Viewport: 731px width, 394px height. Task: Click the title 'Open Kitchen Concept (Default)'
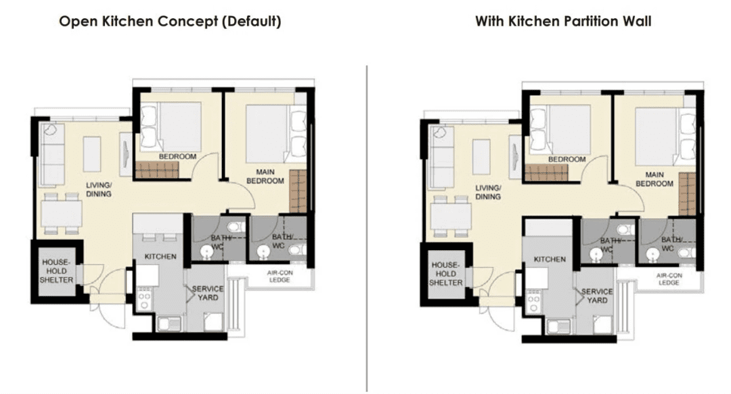[x=170, y=22]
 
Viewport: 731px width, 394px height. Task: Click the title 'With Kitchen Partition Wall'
[x=562, y=22]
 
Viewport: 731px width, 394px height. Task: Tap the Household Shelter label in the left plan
[x=56, y=271]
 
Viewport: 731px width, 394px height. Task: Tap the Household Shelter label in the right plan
[x=445, y=274]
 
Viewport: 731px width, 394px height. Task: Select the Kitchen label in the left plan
[x=160, y=257]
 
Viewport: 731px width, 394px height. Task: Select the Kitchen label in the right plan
[x=550, y=260]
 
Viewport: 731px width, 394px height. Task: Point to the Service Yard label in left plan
[x=208, y=293]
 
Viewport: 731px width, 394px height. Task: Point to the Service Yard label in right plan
[x=597, y=296]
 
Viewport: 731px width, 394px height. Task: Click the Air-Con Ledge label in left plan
[x=280, y=276]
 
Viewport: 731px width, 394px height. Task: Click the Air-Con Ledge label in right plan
[x=669, y=279]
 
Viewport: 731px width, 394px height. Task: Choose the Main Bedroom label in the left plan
[x=265, y=176]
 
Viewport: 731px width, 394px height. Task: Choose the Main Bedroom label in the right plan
[x=654, y=179]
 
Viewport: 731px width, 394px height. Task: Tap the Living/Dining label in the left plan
[x=98, y=189]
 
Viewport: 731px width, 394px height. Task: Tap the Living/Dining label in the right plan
[x=487, y=193]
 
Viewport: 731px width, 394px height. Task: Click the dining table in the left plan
[x=62, y=214]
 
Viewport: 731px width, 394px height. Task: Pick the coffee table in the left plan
[x=92, y=154]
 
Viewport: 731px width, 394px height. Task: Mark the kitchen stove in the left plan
[x=144, y=298]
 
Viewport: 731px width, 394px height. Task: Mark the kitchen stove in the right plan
[x=533, y=301]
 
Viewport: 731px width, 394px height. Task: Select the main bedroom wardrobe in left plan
[x=298, y=191]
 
